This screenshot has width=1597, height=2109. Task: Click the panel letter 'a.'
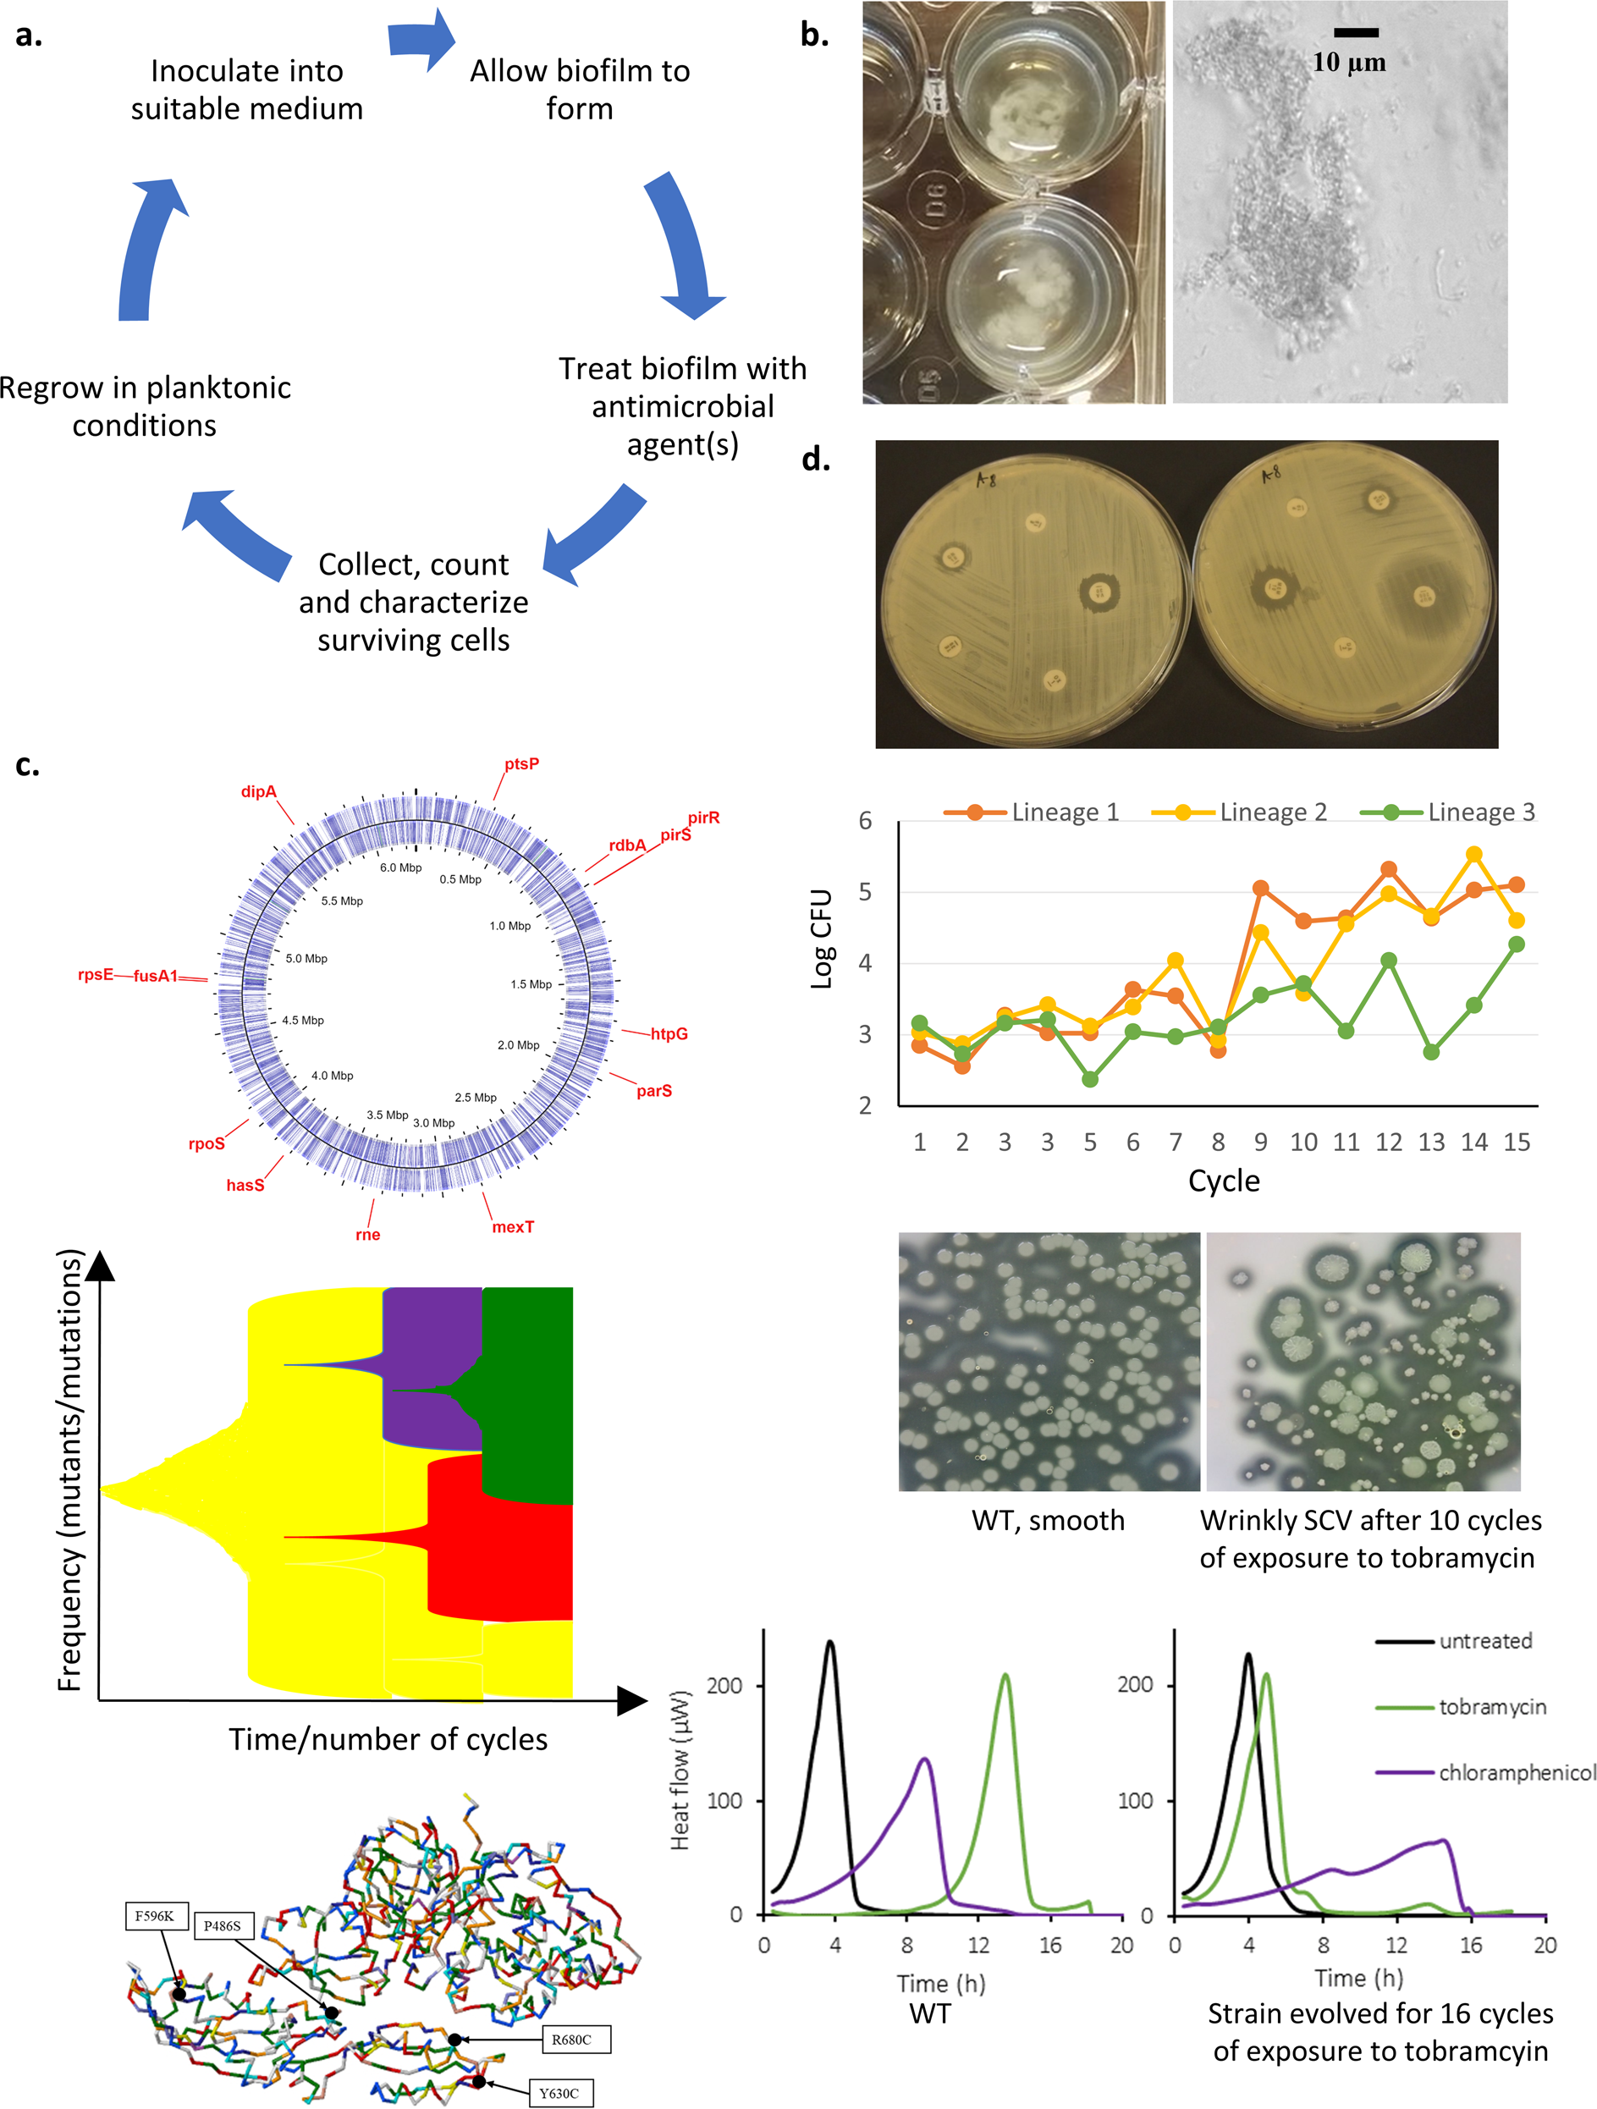[29, 36]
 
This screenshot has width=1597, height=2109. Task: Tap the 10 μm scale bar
[1355, 33]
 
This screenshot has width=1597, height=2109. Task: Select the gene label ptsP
[521, 763]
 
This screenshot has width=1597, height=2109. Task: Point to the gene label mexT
[513, 1227]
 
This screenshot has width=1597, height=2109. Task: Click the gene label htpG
[669, 1033]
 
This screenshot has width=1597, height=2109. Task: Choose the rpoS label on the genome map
[207, 1143]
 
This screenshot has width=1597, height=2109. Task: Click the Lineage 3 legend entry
[1448, 812]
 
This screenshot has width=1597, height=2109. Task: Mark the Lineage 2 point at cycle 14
[1474, 854]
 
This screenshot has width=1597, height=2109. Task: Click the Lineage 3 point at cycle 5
[1090, 1079]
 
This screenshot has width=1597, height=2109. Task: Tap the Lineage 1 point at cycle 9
[1260, 889]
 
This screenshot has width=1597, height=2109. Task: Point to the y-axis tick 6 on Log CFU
[865, 821]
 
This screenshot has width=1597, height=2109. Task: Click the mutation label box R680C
[571, 2040]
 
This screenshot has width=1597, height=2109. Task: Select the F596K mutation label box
[155, 1915]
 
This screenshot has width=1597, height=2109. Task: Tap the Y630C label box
[559, 2093]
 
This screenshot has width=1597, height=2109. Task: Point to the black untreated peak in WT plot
[830, 1643]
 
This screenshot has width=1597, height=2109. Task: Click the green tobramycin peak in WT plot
[1005, 1675]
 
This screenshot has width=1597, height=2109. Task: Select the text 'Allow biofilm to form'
[580, 90]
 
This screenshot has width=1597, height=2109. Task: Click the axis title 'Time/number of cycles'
[388, 1739]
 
